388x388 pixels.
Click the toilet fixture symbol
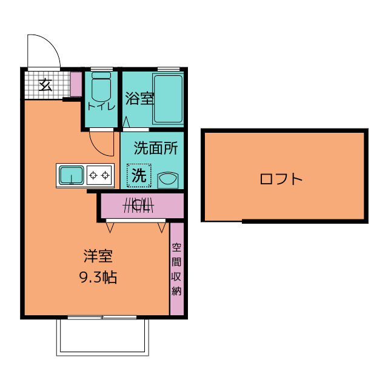(x=101, y=86)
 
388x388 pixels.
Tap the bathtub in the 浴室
(x=168, y=99)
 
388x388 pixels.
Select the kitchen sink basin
(x=72, y=175)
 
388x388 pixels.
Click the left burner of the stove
(x=93, y=175)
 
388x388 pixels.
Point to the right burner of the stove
(x=105, y=175)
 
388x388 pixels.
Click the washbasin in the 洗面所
(x=168, y=179)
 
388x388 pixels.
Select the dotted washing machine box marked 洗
(x=139, y=175)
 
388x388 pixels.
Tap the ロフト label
(x=281, y=179)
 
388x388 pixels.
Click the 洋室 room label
(x=98, y=256)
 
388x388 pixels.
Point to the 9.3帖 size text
(x=98, y=278)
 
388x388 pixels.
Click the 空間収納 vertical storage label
(x=176, y=269)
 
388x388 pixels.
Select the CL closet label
(x=139, y=205)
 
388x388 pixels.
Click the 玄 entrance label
(x=46, y=85)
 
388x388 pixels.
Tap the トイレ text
(x=101, y=107)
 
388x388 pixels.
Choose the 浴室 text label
(x=139, y=98)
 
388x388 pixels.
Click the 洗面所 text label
(x=156, y=148)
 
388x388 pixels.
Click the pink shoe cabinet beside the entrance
(x=76, y=84)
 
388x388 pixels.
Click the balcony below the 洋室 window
(x=102, y=337)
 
